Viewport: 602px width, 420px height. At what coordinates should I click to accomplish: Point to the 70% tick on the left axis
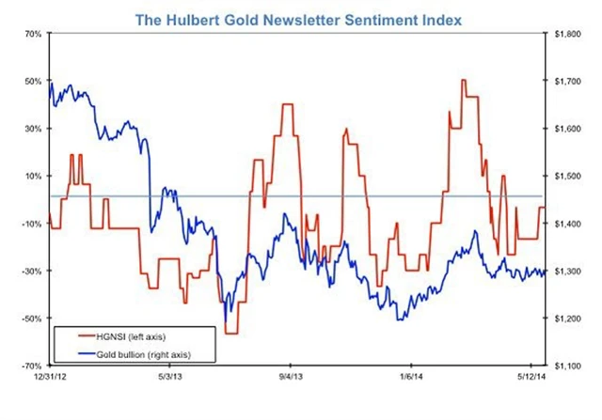(x=28, y=34)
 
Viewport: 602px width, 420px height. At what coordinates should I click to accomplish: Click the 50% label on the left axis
(x=28, y=81)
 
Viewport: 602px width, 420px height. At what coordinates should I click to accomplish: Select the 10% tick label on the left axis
(x=28, y=176)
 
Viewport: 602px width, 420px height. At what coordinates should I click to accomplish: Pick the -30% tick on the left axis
(x=28, y=272)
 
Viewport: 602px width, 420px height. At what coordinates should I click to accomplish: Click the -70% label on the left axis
(x=28, y=366)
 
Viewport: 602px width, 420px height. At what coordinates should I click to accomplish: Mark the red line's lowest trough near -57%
(x=231, y=333)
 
